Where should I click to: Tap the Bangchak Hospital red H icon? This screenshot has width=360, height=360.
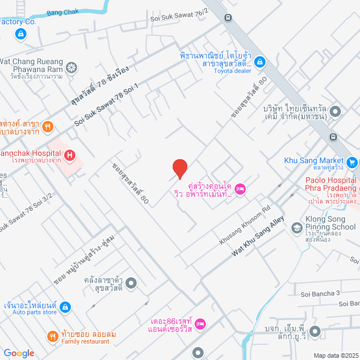(x=69, y=155)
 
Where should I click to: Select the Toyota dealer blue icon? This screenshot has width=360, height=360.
(x=261, y=61)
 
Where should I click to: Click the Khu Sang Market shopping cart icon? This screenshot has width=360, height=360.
(x=352, y=163)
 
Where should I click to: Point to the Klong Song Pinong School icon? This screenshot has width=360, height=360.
(x=296, y=228)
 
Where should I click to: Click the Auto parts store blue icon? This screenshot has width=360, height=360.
(x=66, y=307)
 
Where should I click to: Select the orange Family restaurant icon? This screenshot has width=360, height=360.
(x=53, y=336)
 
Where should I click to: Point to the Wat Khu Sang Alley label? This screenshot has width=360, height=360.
(x=258, y=237)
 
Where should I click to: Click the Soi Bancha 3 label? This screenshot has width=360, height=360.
(x=321, y=293)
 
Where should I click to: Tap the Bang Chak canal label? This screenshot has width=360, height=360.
(x=63, y=12)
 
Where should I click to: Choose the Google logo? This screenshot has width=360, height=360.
(x=19, y=353)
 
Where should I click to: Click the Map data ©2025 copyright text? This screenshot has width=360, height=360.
(x=335, y=355)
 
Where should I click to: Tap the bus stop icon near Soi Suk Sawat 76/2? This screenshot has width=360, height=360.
(x=228, y=17)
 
